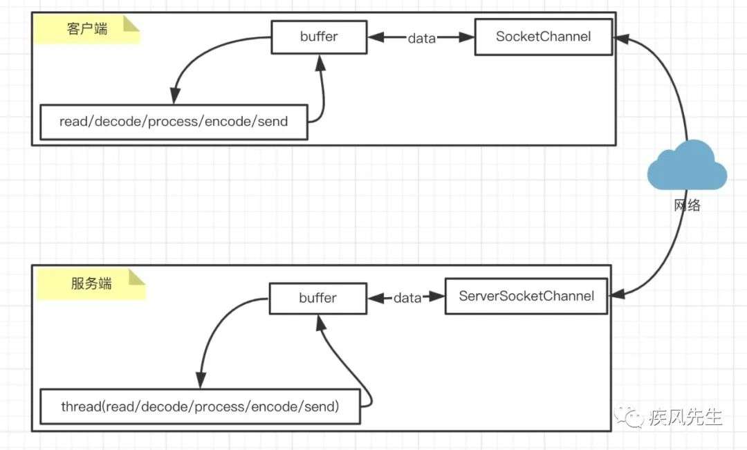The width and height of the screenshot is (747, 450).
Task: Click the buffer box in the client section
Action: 319,37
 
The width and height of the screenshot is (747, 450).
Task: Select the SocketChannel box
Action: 544,37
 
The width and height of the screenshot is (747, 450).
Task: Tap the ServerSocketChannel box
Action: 526,296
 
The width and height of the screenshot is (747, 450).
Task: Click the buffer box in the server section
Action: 318,299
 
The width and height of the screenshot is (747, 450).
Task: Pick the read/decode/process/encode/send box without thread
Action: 174,122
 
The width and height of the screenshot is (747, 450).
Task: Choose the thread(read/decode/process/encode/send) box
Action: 200,406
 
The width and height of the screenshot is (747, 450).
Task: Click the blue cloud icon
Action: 687,165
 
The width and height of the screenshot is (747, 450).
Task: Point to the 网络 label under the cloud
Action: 687,205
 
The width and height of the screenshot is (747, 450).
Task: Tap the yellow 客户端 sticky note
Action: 86,29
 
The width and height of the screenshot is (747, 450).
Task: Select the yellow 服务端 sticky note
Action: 91,284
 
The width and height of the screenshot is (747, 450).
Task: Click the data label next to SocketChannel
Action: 422,38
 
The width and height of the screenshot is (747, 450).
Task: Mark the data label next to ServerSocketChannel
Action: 407,298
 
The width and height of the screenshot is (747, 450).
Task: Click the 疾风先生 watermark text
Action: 685,418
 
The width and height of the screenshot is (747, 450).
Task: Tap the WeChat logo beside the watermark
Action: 629,417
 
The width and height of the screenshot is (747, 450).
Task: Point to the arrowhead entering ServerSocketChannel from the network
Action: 617,294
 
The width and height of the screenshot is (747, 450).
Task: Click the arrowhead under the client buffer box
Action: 321,63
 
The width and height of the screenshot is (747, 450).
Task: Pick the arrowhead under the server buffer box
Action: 321,323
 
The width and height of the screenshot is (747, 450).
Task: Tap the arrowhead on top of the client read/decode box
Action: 175,95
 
